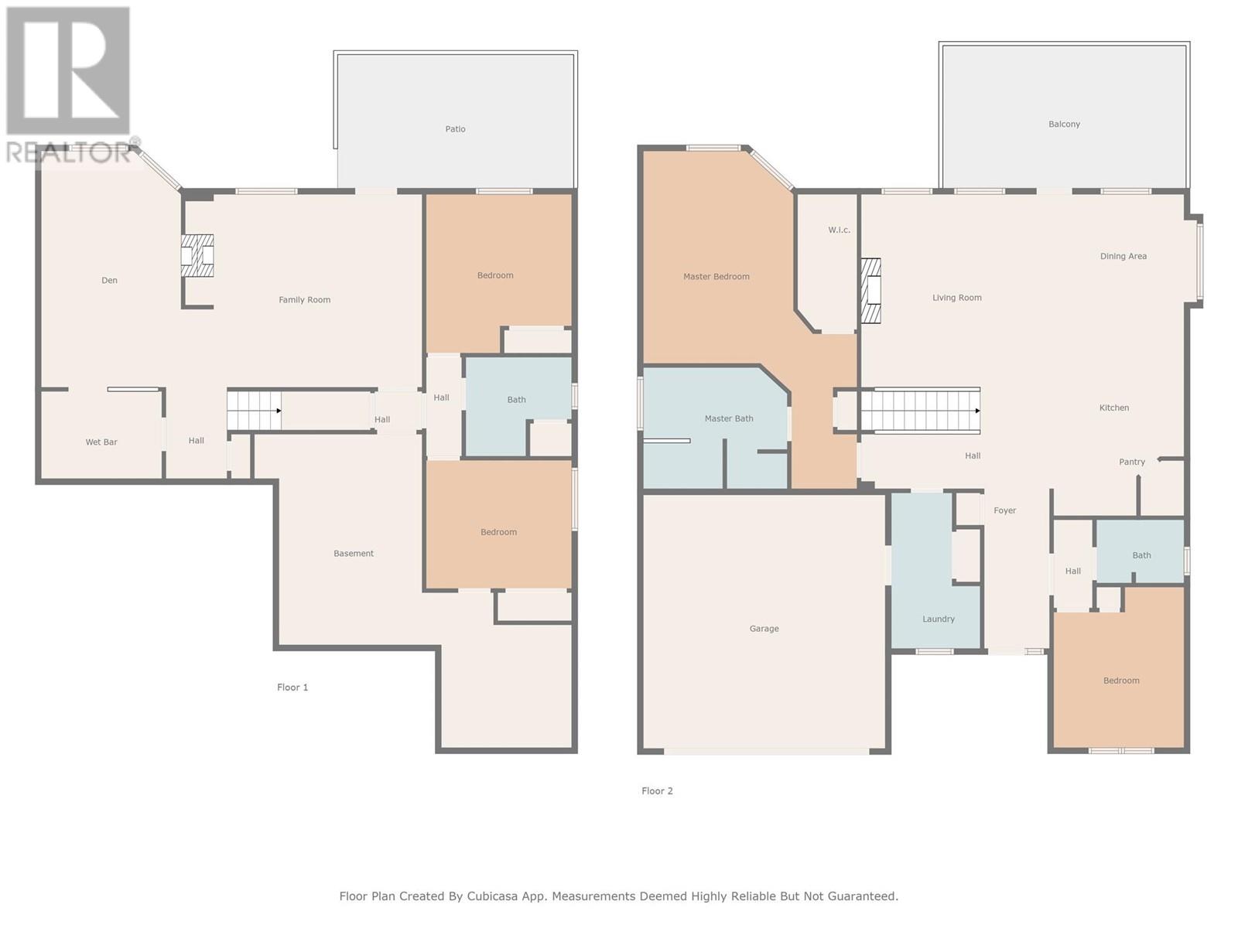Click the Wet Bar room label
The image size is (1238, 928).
(x=101, y=442)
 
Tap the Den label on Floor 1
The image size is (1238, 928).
(x=109, y=280)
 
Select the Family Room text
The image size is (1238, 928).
(x=305, y=300)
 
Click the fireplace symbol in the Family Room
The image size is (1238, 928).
(x=197, y=255)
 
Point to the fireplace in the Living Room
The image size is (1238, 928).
(x=870, y=291)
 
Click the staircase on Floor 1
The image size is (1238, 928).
(x=254, y=411)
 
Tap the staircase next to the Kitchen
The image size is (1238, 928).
(x=921, y=411)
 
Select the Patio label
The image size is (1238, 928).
(x=455, y=129)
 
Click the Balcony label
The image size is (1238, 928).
(x=1064, y=124)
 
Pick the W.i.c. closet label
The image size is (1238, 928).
(x=840, y=230)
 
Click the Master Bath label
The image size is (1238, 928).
(x=729, y=418)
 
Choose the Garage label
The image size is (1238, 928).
(x=764, y=628)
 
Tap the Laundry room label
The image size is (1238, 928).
(x=939, y=619)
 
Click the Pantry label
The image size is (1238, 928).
(x=1132, y=462)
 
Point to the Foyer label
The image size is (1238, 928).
(x=1005, y=510)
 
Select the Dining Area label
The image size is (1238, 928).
(x=1123, y=257)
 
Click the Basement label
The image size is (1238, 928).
(x=354, y=553)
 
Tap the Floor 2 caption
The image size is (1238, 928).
(x=657, y=791)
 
